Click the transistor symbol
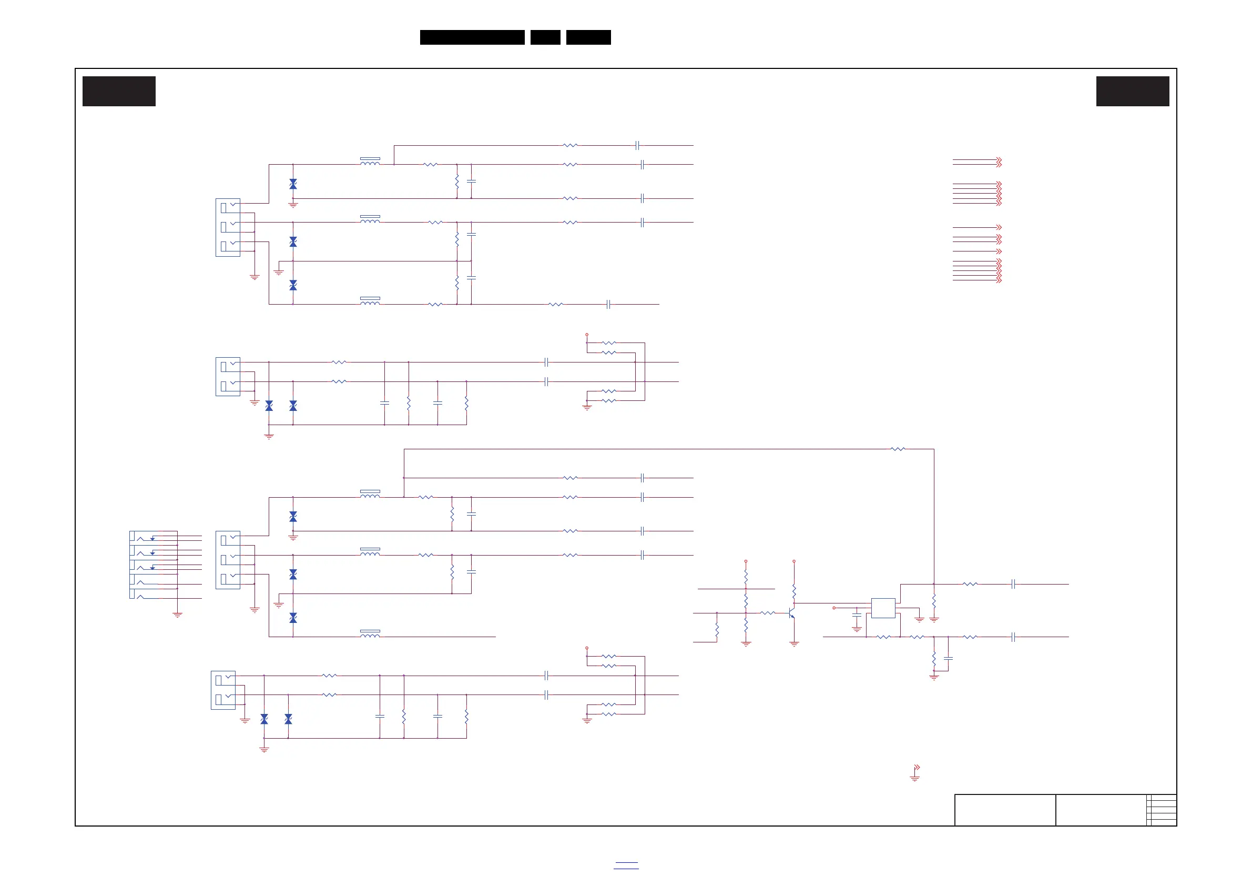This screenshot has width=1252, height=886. pos(792,613)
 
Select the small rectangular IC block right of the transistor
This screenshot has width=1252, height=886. pos(883,608)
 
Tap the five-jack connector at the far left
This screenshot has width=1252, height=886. pos(153,565)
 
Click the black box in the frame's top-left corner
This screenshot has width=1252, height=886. pos(119,91)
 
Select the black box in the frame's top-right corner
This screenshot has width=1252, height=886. pos(1133,91)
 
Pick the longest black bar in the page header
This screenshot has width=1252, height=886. pos(472,37)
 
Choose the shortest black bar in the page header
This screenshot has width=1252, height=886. pos(545,37)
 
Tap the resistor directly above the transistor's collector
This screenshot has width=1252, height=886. pos(794,591)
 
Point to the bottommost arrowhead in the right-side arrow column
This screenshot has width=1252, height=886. pos(999,280)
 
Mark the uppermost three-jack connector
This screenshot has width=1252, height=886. pos(228,227)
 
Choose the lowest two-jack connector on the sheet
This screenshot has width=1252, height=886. pos(223,690)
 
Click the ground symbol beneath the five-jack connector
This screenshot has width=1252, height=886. pos(177,615)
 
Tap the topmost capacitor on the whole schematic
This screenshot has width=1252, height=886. pos(637,146)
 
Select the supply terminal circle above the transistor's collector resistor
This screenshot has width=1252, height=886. pos(794,561)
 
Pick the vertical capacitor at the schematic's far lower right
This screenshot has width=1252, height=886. pos(948,659)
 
